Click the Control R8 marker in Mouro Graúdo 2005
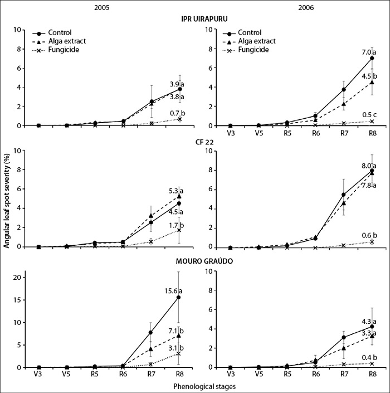tap(178, 297)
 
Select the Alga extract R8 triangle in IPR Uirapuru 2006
tap(372, 82)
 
